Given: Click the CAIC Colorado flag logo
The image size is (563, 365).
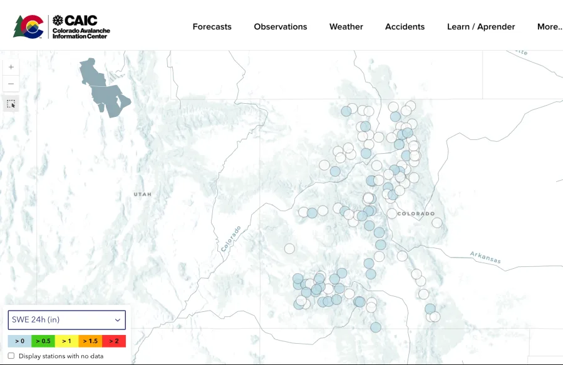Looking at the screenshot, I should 29,26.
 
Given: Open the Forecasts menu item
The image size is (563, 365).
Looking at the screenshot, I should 212,27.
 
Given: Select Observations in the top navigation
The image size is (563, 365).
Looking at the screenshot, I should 280,27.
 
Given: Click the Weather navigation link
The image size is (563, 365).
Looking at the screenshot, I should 346,27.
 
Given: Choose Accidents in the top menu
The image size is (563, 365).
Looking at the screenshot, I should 405,27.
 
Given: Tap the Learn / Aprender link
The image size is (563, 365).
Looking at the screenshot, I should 480,27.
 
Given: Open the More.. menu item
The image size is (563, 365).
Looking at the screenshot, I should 549,27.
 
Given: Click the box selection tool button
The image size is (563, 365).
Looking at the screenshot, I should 11,104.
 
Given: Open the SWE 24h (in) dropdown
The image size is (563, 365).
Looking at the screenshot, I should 66,320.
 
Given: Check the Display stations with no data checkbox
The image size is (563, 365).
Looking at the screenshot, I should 11,356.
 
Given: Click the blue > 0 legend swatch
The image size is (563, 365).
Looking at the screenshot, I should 19,341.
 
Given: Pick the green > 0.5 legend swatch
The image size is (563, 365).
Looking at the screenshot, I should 43,341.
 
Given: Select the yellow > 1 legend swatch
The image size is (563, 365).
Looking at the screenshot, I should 67,341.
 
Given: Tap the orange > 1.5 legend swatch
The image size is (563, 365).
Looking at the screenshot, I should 90,341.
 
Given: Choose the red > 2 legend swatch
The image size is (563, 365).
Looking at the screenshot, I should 114,341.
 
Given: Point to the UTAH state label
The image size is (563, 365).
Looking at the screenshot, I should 143,194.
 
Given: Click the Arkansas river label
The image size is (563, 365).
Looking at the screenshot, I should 486,256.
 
